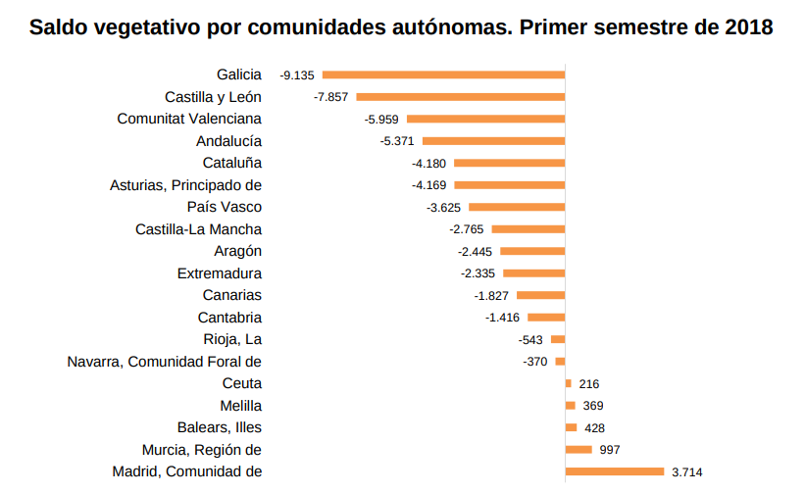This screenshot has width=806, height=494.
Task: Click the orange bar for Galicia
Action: click(443, 74)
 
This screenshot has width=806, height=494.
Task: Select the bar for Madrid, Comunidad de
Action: click(615, 471)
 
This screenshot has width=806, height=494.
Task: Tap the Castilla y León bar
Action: click(460, 96)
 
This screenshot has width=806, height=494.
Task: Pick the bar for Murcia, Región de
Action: click(579, 449)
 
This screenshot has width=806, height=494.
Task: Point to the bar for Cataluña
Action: click(509, 163)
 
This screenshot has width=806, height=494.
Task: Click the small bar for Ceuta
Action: click(568, 383)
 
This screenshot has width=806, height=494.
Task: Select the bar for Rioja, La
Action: click(558, 339)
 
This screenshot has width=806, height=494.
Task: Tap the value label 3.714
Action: click(687, 471)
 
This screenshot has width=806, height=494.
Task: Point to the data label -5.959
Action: click(381, 119)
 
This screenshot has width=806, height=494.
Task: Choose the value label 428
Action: click(594, 427)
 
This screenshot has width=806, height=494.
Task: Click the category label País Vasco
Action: click(225, 207)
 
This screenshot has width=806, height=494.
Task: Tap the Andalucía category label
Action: click(228, 140)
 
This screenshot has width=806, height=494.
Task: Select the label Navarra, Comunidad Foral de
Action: click(164, 362)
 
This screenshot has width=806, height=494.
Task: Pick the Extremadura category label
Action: click(219, 273)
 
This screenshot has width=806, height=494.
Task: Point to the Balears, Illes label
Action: click(220, 427)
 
